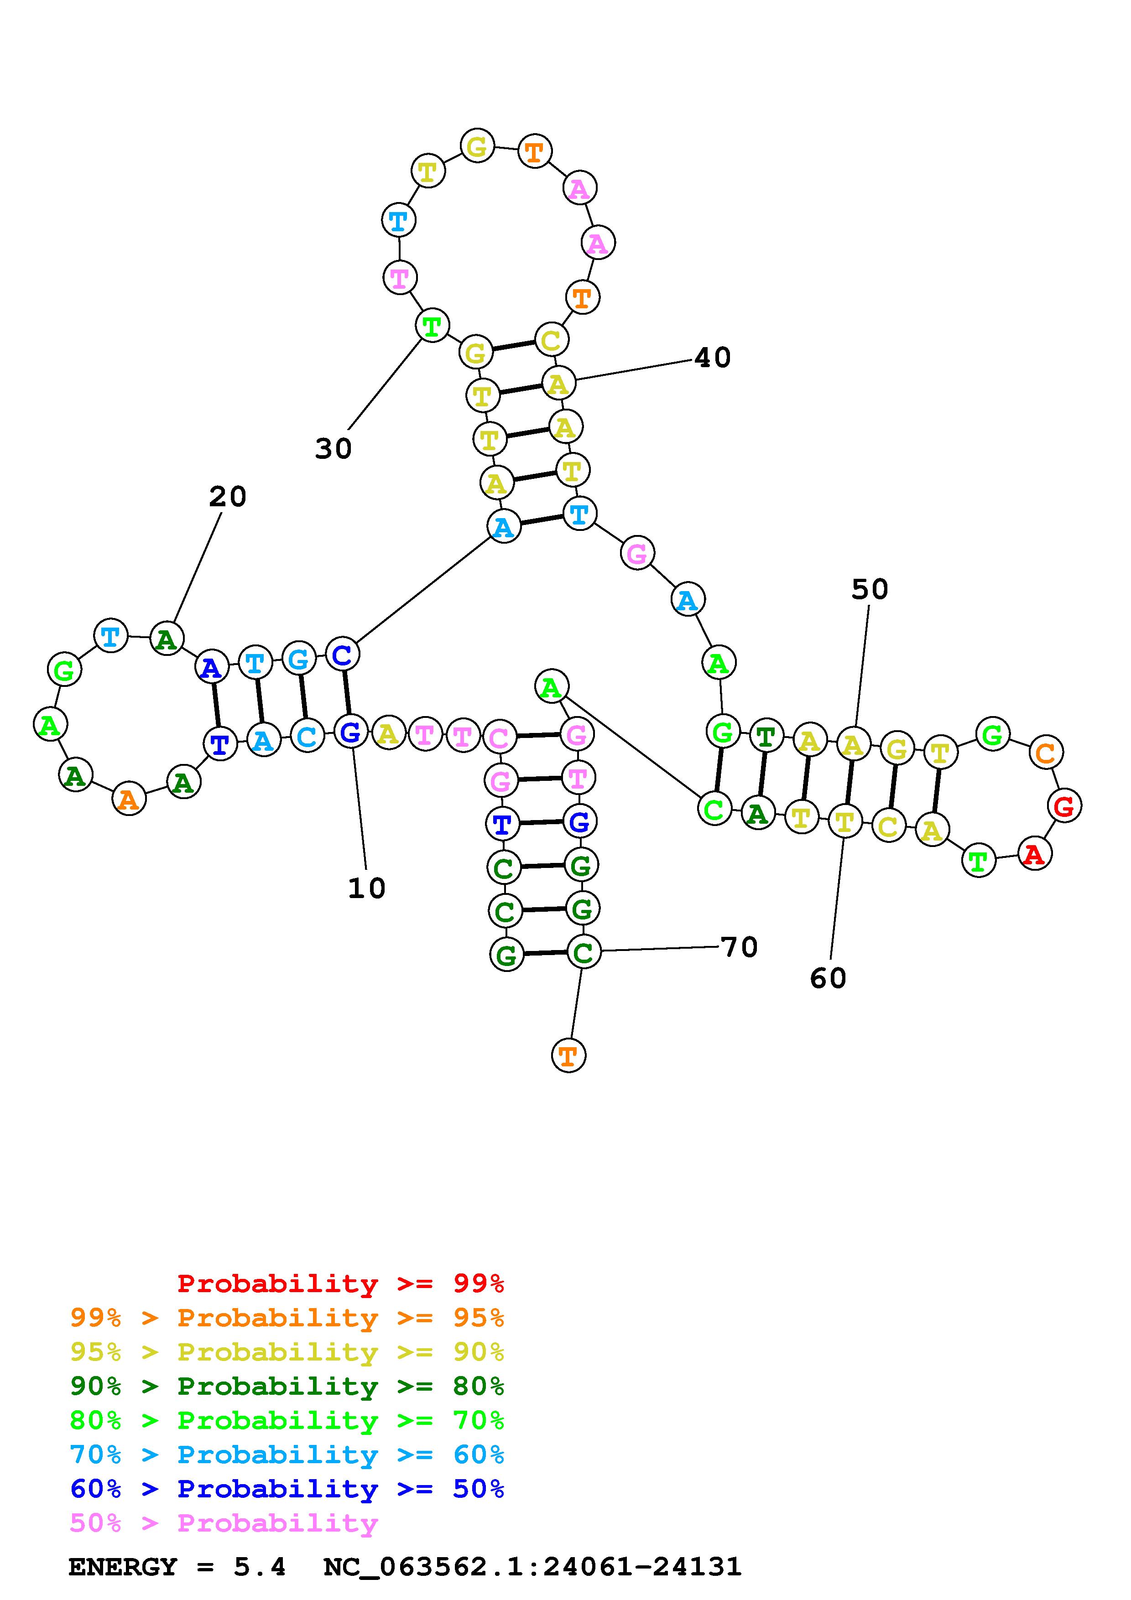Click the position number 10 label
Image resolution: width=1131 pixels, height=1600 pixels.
[366, 888]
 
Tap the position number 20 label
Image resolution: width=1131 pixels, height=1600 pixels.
[227, 497]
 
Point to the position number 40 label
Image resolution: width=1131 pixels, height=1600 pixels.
[712, 358]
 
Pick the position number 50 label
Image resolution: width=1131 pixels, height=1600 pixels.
[870, 590]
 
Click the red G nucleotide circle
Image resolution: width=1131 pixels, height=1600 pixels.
[1063, 806]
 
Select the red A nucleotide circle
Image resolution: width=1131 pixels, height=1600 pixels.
[1035, 854]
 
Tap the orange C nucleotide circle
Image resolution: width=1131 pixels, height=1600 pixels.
[1045, 753]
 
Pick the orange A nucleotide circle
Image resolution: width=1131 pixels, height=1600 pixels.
[129, 799]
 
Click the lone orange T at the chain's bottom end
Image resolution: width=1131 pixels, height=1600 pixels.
[568, 1056]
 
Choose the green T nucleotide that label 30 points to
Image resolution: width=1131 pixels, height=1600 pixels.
[432, 326]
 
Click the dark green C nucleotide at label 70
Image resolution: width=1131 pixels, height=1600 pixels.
[583, 952]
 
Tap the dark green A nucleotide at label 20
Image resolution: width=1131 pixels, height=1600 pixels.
[167, 639]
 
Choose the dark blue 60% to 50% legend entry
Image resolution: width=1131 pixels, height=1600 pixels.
[287, 1489]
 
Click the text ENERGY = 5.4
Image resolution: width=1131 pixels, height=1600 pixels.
[177, 1567]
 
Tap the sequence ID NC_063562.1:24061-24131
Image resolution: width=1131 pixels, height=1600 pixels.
[532, 1567]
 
